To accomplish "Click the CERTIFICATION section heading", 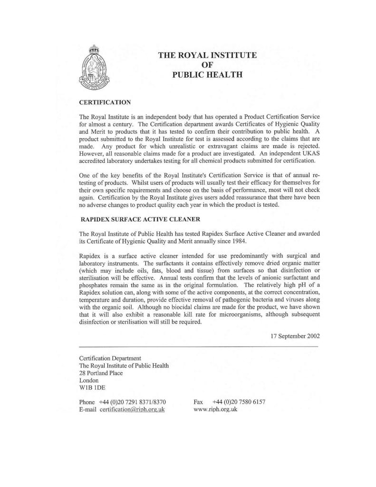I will click(105, 102).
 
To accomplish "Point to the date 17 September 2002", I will click(295, 335).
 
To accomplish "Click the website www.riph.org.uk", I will click(215, 410).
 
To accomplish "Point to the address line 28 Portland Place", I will click(101, 373).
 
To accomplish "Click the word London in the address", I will click(89, 380).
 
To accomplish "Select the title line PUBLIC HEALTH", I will click(207, 74).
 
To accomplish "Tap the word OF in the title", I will click(207, 65).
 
